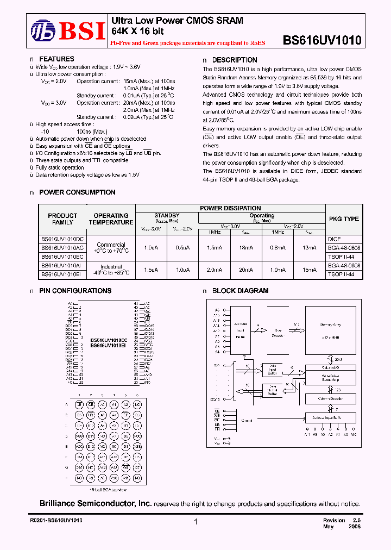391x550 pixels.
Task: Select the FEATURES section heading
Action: pos(56,59)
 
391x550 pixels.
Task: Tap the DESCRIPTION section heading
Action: pos(235,60)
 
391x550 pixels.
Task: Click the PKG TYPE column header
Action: pos(344,219)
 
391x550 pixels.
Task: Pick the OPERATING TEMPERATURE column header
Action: pos(111,219)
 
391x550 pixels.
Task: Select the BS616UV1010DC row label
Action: pos(62,239)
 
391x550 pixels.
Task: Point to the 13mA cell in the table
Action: pos(310,247)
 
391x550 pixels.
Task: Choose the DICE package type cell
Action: pos(335,239)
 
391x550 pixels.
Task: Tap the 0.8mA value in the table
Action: pos(278,247)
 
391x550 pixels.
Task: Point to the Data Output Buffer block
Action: pos(272,390)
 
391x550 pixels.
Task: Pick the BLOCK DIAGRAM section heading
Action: pos(240,291)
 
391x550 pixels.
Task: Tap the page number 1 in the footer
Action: pos(195,522)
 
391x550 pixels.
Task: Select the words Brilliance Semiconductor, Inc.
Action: pos(96,504)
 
